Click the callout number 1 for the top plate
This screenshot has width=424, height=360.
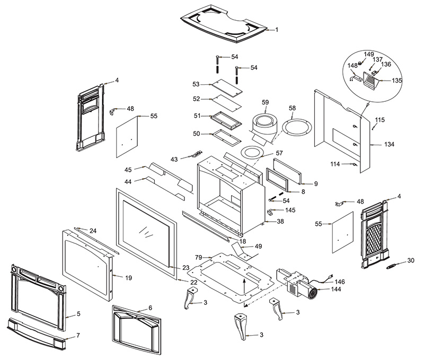276,30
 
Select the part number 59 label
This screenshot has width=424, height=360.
265,102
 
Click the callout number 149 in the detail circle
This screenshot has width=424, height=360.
368,54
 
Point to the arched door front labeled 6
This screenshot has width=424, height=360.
135,328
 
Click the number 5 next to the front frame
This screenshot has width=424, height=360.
78,314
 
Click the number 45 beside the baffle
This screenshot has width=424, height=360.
128,170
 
